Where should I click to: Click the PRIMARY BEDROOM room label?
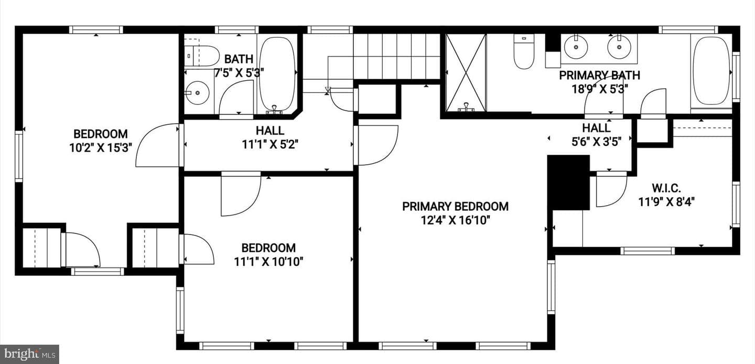[x=455, y=206]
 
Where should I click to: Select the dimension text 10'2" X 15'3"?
[x=101, y=147]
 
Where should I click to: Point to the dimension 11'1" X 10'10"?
[x=268, y=262]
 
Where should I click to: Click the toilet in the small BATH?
[x=201, y=56]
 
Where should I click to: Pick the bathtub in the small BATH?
[x=277, y=74]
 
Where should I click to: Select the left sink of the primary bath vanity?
[x=576, y=47]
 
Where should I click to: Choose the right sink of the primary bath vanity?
[x=620, y=47]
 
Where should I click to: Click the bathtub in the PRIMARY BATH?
[x=710, y=71]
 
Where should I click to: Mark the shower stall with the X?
[x=466, y=72]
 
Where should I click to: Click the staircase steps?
[x=396, y=56]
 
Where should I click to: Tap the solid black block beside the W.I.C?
[x=568, y=183]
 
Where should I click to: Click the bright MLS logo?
[x=30, y=354]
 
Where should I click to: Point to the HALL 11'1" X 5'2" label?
[x=270, y=137]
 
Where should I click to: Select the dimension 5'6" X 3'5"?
[x=596, y=142]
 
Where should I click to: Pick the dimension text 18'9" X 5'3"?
[x=600, y=89]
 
